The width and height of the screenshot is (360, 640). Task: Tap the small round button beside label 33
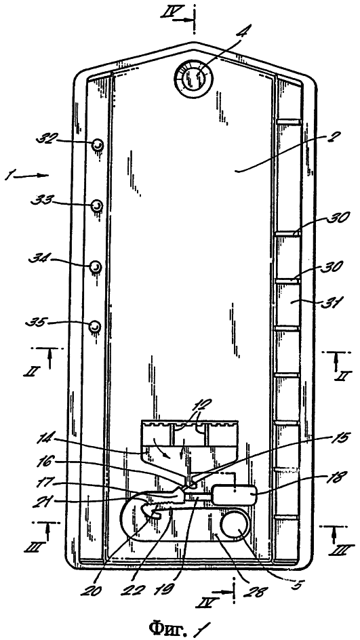(97, 205)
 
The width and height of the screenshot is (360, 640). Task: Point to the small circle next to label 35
(95, 326)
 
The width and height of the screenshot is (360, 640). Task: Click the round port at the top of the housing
(194, 77)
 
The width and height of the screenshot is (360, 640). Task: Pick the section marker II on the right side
(340, 375)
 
